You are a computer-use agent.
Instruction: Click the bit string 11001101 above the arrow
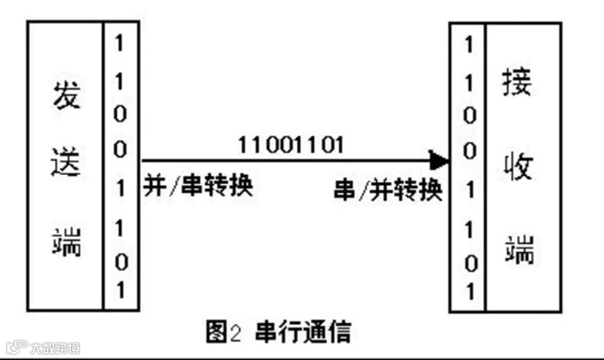click(x=291, y=144)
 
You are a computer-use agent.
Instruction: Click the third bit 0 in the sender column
click(x=120, y=113)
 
